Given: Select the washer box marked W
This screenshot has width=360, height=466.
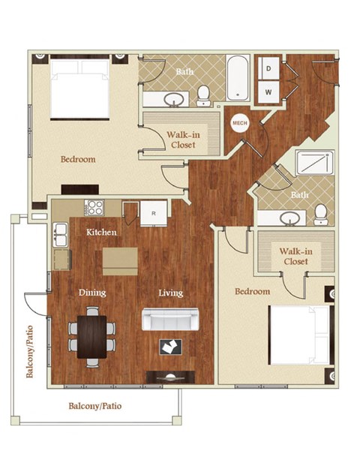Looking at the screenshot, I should point(268,93).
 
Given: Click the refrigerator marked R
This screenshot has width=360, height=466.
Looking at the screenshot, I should point(153,213).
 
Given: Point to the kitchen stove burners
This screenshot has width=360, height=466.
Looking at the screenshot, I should point(95,208).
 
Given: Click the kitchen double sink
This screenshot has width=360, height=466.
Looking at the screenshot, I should point(60,235).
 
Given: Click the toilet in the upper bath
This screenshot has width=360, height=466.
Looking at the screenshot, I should point(203,95).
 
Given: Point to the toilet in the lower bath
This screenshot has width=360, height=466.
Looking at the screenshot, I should point(320,213).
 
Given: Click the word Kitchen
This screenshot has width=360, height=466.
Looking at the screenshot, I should point(101,233).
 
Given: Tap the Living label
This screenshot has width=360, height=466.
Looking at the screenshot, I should point(170,293).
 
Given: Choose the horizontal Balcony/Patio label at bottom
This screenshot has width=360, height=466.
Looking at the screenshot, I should point(95,406).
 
